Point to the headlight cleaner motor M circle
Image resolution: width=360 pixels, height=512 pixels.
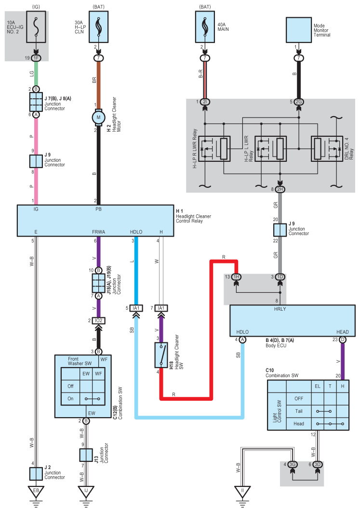pos(98,117)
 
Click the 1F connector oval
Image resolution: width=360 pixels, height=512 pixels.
pos(36,58)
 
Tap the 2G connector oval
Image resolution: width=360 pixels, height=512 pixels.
pos(299,102)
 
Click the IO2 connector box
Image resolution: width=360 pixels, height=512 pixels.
pos(98,320)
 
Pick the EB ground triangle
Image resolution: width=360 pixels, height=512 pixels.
pos(36,492)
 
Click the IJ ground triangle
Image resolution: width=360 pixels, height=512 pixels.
pos(86,492)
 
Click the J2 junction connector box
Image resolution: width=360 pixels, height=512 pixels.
pos(36,473)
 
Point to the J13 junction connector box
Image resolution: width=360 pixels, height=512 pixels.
pos(86,455)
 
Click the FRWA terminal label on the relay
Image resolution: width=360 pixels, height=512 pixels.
pos(99,231)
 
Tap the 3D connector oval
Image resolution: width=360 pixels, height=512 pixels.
pos(317,465)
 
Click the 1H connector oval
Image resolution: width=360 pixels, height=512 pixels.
pos(236,277)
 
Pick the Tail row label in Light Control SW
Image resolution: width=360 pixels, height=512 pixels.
pos(299,411)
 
